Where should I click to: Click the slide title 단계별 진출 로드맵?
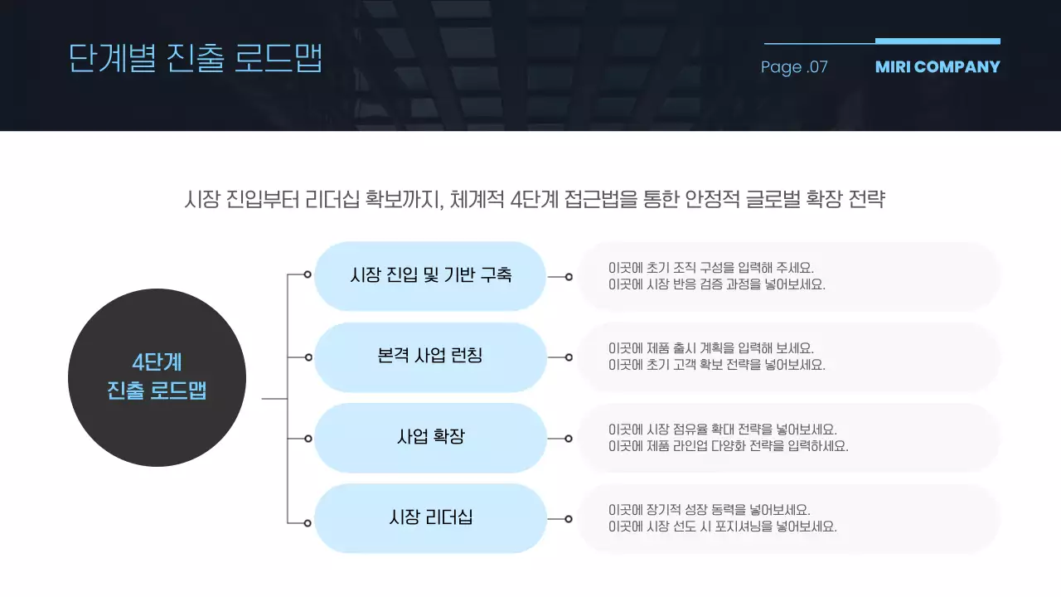click(x=195, y=58)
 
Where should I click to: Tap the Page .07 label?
click(x=794, y=67)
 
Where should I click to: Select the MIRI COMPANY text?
click(x=937, y=67)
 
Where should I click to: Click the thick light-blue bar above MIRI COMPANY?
click(x=937, y=41)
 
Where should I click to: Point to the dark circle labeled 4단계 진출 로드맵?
click(x=157, y=377)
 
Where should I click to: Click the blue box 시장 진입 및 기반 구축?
click(x=430, y=275)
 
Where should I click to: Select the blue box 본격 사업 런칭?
click(x=430, y=357)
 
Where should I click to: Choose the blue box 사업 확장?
click(x=430, y=437)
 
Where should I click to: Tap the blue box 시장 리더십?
click(x=430, y=518)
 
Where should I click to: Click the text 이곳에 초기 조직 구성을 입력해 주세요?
click(x=711, y=268)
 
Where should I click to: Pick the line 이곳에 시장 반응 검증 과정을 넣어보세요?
click(x=716, y=284)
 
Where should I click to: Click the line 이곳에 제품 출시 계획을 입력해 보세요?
click(x=711, y=348)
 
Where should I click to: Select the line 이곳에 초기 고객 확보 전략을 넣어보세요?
click(x=716, y=365)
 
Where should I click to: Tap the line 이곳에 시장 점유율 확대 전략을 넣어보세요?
click(x=722, y=430)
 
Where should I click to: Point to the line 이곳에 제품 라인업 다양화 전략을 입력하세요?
click(x=728, y=446)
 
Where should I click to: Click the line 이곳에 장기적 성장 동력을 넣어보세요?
click(x=709, y=510)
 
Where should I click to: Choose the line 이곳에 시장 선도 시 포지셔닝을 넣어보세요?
click(x=722, y=527)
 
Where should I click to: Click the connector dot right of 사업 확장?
click(x=569, y=439)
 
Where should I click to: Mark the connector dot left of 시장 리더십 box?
click(x=308, y=523)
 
